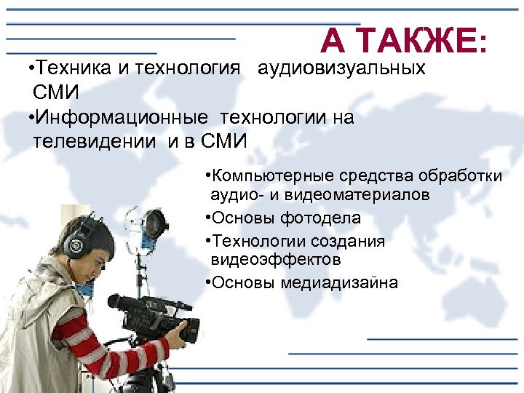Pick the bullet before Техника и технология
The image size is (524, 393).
tap(28, 70)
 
